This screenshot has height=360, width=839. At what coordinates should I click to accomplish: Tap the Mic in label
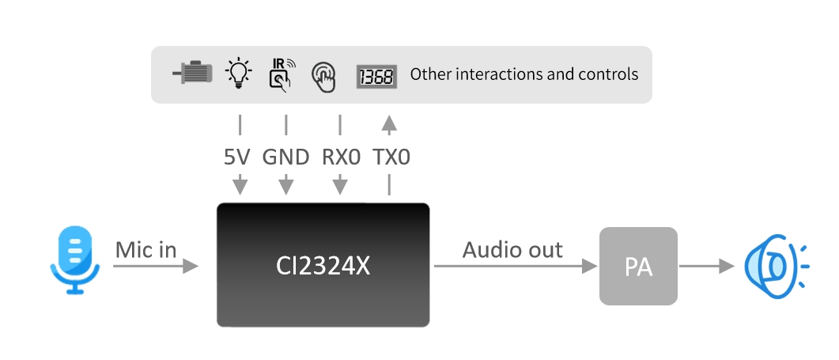[146, 250]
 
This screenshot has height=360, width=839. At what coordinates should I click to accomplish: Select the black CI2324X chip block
[323, 265]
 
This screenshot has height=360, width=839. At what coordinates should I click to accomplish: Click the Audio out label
[512, 250]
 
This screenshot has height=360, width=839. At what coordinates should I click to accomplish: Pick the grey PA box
[638, 267]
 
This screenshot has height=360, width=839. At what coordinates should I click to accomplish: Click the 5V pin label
[237, 157]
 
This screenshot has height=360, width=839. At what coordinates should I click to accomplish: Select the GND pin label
[285, 157]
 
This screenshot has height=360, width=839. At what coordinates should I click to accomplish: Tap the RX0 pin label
[341, 157]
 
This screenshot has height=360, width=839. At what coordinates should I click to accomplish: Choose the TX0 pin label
[391, 157]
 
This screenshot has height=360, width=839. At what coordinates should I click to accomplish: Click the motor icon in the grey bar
[192, 74]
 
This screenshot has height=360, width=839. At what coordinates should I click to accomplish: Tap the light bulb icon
[237, 73]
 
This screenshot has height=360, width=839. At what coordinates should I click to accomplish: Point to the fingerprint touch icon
[323, 75]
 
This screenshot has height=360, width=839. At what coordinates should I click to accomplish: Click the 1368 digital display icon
[376, 75]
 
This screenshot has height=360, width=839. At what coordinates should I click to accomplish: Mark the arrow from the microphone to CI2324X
[155, 267]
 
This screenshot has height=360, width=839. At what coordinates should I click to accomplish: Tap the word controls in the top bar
[610, 74]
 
